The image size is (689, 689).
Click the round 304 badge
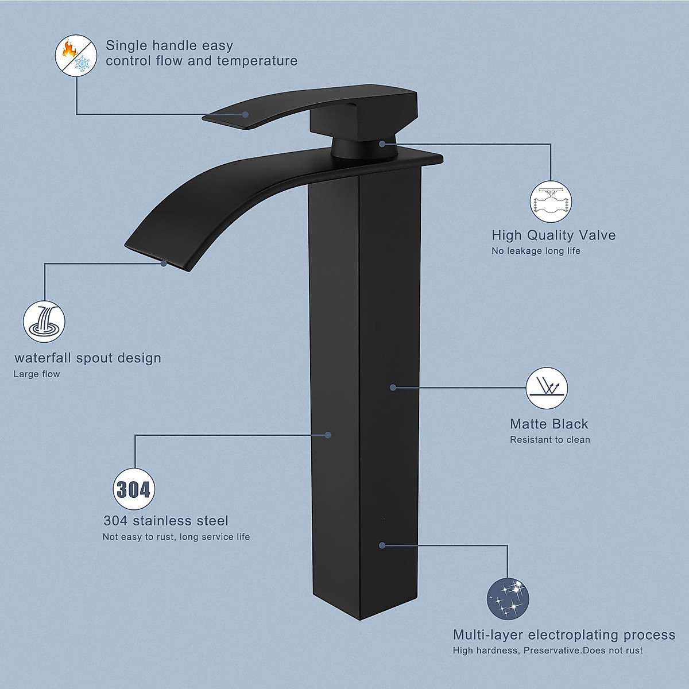[x=134, y=489]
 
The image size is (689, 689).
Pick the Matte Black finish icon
[x=547, y=388]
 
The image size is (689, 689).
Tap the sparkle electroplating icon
[x=508, y=599]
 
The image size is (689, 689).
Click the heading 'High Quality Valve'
[x=553, y=235]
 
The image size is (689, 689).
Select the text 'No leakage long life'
[x=536, y=251]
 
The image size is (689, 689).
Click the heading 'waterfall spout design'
[x=88, y=358]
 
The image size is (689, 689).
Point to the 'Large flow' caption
[x=37, y=374]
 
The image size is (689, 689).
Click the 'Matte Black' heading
[x=549, y=424]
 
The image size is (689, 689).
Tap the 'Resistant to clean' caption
[x=549, y=440]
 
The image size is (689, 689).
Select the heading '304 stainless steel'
[x=166, y=521]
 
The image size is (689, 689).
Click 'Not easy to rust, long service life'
[x=176, y=537]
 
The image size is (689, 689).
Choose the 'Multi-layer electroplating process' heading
[x=564, y=634]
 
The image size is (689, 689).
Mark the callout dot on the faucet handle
[x=246, y=114]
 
